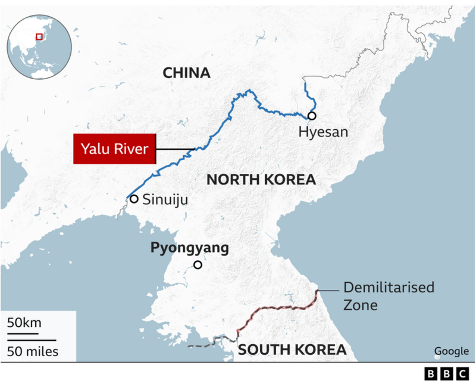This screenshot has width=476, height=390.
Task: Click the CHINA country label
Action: click(186, 73)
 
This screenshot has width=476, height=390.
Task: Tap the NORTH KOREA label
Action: click(261, 180)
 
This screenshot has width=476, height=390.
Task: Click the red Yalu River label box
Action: click(114, 149)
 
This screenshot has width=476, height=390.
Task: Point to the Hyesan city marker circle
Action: click(312, 116)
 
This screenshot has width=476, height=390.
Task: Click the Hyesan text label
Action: click(323, 132)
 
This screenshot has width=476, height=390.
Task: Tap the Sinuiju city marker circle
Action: click(134, 199)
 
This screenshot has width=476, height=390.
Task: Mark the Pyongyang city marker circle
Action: click(198, 266)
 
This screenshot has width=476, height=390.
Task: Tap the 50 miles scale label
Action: click(33, 351)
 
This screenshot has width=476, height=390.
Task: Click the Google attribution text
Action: click(451, 351)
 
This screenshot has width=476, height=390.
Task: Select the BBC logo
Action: click(446, 374)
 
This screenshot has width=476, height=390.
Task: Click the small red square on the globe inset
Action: click(40, 36)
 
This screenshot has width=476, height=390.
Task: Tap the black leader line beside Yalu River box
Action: click(176, 149)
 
